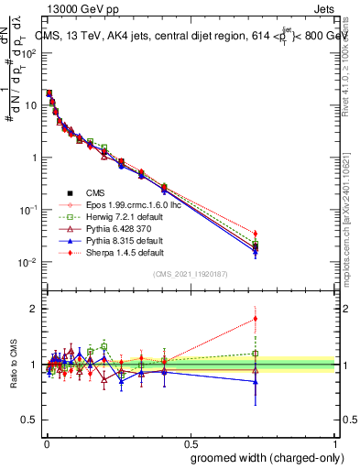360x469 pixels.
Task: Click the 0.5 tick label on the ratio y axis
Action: click(x=30, y=420)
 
